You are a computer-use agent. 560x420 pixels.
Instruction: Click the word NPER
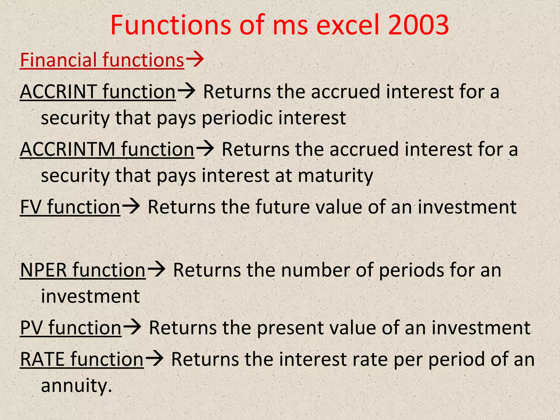click(x=43, y=270)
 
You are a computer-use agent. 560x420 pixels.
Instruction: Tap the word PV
click(x=31, y=328)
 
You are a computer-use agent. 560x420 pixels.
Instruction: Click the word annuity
click(x=76, y=385)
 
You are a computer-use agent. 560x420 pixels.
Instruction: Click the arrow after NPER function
click(x=156, y=269)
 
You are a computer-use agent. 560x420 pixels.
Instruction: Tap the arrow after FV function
click(x=131, y=206)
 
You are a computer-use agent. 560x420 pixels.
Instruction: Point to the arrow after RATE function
click(x=154, y=358)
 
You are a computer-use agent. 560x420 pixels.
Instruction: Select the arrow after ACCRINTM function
click(x=205, y=149)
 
